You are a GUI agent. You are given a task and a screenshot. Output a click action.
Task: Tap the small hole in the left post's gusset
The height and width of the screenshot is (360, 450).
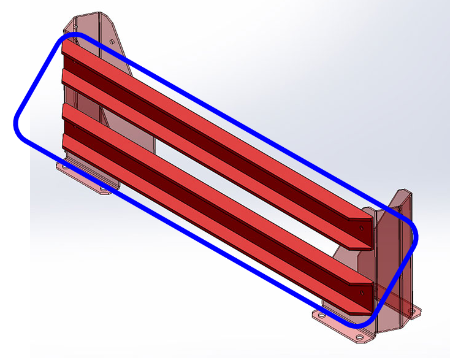point(112,40)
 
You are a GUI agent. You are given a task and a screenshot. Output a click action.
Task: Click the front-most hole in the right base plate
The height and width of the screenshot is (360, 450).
point(359,337)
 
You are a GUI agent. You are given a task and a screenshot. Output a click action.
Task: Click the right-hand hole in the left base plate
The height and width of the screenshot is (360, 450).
point(103,189)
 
